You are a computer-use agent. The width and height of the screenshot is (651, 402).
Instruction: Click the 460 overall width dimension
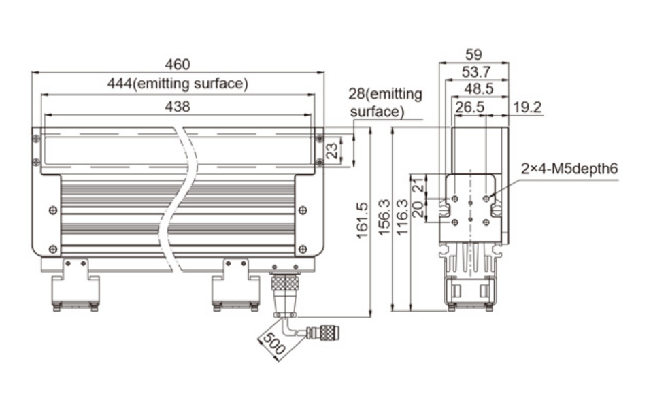point(178,65)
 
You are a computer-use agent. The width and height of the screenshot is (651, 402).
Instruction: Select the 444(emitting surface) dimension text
point(178,84)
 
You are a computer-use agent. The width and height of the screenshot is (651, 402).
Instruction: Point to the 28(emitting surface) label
point(384,102)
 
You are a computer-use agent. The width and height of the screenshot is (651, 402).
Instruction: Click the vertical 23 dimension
point(333,150)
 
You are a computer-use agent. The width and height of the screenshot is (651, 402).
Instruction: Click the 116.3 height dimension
point(402,218)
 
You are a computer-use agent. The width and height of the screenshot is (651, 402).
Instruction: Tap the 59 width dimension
point(474,54)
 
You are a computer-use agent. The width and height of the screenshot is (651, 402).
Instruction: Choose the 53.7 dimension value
point(476,71)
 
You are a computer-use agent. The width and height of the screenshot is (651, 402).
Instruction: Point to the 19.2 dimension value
point(527,107)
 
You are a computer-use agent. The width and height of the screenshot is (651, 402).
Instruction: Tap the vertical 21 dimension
point(419,184)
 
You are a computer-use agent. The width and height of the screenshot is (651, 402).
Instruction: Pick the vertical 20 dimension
point(419,209)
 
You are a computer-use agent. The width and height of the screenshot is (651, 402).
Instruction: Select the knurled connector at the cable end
point(327,333)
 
